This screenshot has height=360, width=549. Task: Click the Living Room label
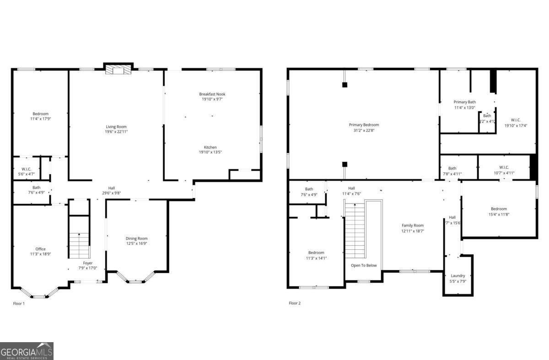click(116, 127)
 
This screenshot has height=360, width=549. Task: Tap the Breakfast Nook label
click(212, 94)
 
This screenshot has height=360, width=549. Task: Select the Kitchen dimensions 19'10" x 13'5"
click(210, 152)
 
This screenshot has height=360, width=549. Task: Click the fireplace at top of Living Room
click(118, 70)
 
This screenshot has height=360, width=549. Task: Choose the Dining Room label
click(137, 238)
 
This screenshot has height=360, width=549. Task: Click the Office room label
click(40, 249)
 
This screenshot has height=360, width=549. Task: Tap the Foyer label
click(87, 263)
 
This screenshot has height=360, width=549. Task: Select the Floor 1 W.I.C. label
click(26, 169)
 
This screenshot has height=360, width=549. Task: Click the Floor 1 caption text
click(19, 303)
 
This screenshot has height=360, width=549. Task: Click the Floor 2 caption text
click(295, 303)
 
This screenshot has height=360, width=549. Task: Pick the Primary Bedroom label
click(364, 125)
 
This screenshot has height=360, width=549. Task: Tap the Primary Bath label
click(464, 102)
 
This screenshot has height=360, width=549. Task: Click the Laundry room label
click(457, 276)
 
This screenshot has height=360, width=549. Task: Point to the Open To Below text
click(364, 265)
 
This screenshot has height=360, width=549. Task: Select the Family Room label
click(413, 226)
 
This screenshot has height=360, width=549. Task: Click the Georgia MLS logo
click(27, 351)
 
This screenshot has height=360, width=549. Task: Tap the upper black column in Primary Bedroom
click(345, 85)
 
